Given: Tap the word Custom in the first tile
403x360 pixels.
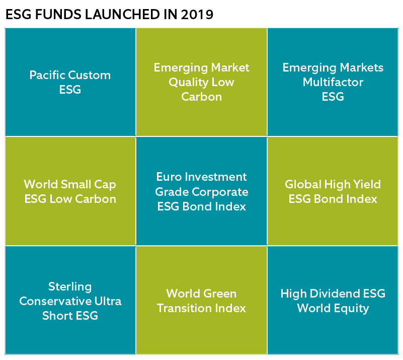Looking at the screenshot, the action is pyautogui.click(x=90, y=76).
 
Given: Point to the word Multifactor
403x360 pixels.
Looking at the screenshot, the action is pyautogui.click(x=333, y=82).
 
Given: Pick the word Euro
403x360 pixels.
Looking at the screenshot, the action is pyautogui.click(x=169, y=177).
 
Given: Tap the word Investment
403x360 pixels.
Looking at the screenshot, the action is pyautogui.click(x=216, y=177).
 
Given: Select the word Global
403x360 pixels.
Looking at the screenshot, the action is pyautogui.click(x=303, y=184).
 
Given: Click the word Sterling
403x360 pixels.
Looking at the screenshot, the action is pyautogui.click(x=70, y=287).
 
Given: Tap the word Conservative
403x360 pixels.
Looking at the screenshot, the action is pyautogui.click(x=55, y=301).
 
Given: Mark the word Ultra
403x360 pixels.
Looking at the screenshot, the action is pyautogui.click(x=108, y=301).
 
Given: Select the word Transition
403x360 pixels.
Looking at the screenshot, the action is pyautogui.click(x=184, y=308).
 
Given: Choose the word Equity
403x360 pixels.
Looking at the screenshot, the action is pyautogui.click(x=351, y=309).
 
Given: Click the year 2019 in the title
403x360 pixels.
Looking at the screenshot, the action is pyautogui.click(x=197, y=15).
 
